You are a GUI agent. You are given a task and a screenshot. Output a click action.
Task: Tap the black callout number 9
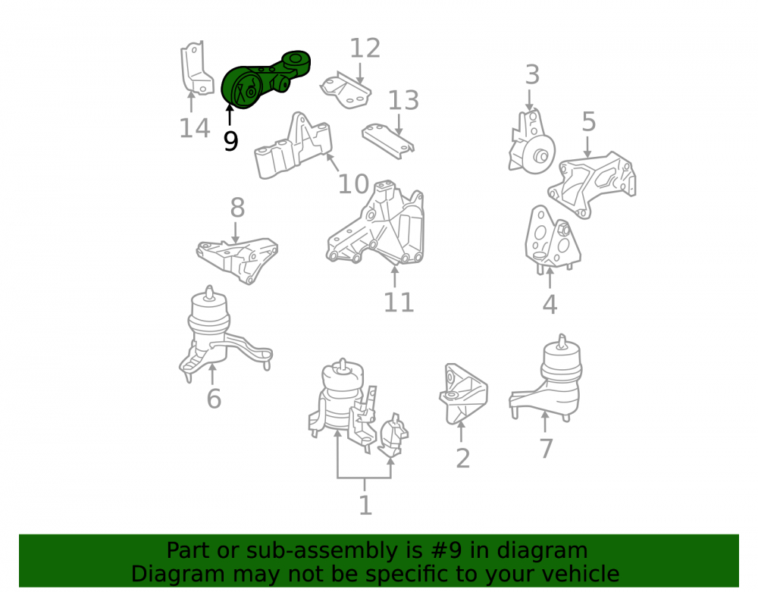(230, 141)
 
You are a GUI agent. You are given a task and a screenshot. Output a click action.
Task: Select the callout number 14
(194, 129)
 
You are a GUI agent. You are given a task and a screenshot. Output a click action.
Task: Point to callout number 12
(365, 49)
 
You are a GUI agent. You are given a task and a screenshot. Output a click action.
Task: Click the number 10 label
(353, 184)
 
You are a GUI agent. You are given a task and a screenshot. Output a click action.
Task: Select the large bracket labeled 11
(376, 224)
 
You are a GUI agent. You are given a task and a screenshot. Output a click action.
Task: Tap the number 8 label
(237, 208)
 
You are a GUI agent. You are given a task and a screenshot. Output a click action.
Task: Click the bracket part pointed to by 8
(236, 260)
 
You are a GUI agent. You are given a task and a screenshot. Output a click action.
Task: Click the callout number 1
(365, 506)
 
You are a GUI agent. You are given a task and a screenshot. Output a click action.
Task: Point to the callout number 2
(462, 458)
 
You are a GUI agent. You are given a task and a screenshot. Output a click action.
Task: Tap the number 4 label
(550, 305)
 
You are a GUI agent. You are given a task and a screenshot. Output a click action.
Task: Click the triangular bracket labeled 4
(551, 240)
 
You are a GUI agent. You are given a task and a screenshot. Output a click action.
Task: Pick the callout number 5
(588, 122)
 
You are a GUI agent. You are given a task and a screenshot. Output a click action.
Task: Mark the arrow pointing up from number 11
(395, 276)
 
